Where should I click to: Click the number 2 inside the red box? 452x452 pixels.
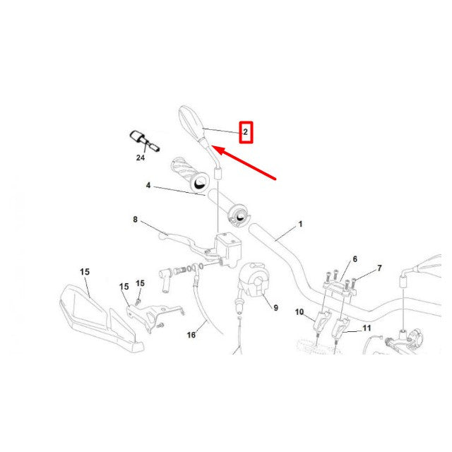(x=245, y=131)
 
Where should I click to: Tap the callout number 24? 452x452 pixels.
(x=140, y=158)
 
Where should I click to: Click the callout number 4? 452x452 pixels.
(x=148, y=186)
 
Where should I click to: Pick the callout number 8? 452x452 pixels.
(x=135, y=220)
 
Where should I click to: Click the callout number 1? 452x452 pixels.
(x=300, y=224)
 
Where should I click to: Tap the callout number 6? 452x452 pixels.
(x=355, y=259)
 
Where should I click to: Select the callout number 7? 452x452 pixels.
(x=379, y=268)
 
